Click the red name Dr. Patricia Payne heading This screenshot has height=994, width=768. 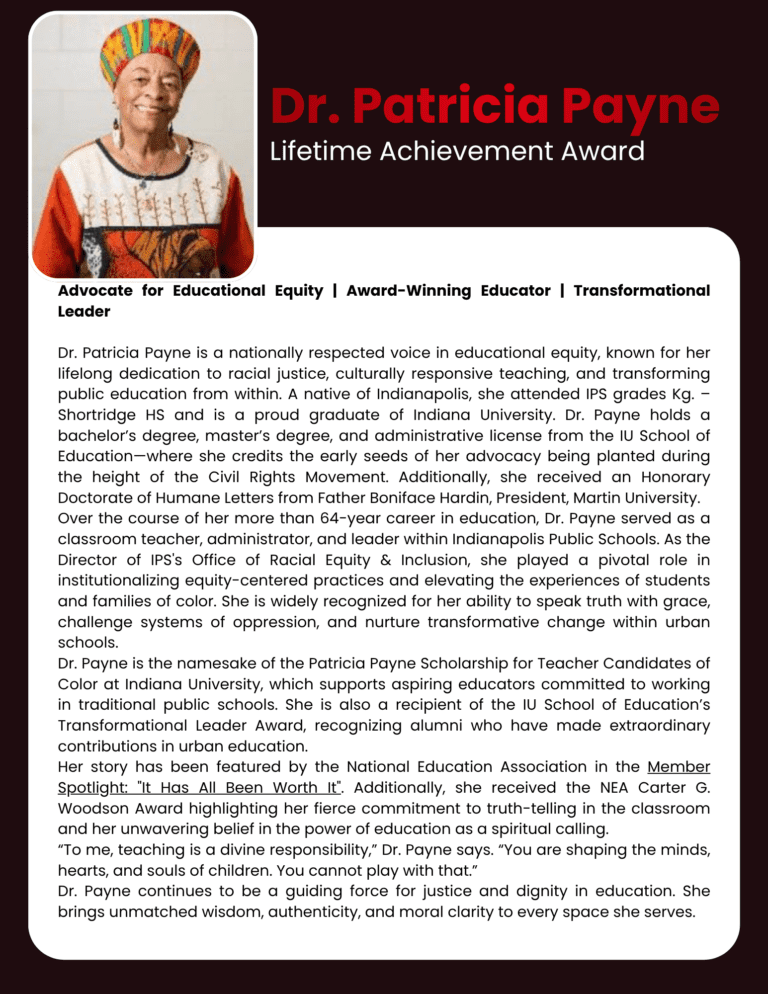(x=494, y=107)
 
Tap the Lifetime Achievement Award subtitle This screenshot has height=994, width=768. (x=458, y=152)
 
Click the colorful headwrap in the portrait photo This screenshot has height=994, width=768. (x=150, y=52)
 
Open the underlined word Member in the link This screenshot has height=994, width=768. (x=678, y=768)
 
